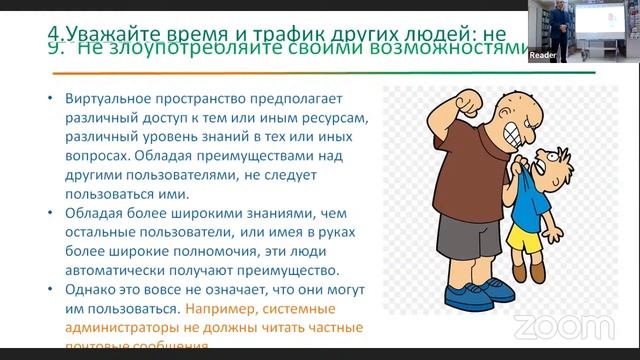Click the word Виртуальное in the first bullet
click(x=107, y=99)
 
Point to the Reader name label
click(x=543, y=56)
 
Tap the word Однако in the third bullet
click(x=91, y=289)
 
